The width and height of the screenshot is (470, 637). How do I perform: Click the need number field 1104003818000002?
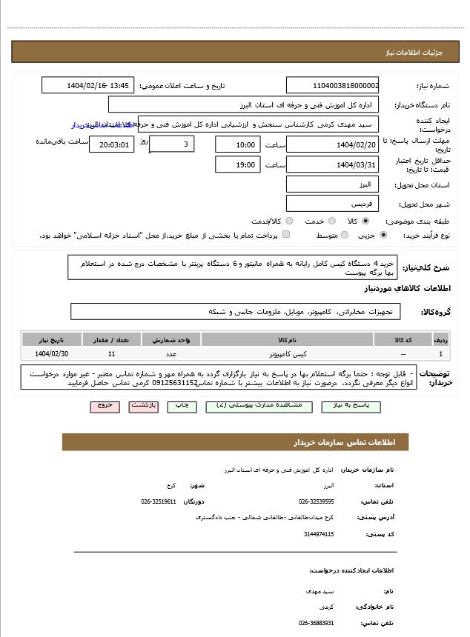tap(332, 86)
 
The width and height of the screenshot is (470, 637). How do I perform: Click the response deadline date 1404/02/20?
tap(332, 144)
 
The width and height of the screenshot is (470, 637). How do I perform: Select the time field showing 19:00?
tap(238, 165)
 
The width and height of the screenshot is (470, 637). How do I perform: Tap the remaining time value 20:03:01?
tap(112, 145)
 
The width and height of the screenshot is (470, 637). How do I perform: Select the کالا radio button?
tap(365, 221)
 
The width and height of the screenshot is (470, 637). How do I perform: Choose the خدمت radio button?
tap(331, 221)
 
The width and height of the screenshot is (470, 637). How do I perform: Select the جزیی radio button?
tap(383, 236)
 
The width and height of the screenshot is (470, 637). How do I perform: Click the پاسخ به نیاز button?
tap(346, 406)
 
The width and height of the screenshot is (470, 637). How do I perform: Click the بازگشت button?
tap(143, 406)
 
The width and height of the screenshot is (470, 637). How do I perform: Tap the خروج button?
tap(105, 406)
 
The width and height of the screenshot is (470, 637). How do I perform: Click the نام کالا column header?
tap(287, 340)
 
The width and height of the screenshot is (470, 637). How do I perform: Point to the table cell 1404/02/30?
tap(51, 354)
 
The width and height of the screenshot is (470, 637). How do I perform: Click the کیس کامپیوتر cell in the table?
tap(287, 354)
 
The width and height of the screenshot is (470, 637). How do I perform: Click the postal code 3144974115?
tap(319, 533)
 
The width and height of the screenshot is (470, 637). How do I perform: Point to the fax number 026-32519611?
tap(159, 501)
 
